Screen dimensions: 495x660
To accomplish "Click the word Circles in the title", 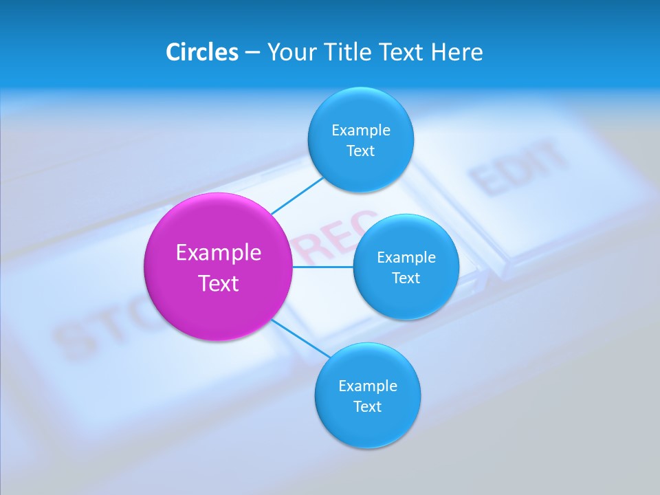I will pos(201,52).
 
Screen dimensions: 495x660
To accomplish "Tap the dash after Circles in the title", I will pos(252,53).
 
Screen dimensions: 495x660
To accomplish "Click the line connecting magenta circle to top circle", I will pos(297,195).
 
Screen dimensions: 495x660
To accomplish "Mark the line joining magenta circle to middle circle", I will pos(322,267).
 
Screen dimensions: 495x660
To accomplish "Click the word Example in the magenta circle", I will pos(219,253).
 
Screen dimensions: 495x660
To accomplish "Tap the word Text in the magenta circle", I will pos(219,283).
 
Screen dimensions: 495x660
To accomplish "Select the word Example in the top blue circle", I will pos(361,130).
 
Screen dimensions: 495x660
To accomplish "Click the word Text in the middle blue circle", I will pos(406,278).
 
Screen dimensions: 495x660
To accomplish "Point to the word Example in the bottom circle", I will pos(368,386).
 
